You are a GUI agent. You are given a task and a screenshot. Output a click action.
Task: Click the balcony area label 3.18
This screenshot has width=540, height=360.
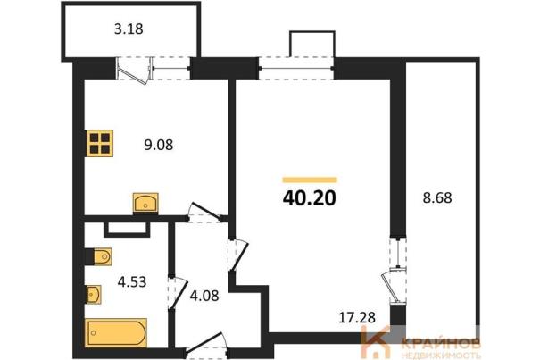(129, 29)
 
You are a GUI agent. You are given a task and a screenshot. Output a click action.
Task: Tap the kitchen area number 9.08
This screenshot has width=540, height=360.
(158, 145)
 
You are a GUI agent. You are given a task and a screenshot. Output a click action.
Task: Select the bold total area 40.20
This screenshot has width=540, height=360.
(309, 198)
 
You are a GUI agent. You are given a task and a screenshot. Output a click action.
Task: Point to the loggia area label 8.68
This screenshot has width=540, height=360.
(437, 198)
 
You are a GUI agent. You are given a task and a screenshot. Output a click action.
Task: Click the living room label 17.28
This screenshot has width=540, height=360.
(357, 318)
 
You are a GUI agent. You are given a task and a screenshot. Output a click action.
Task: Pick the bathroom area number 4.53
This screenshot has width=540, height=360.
(132, 282)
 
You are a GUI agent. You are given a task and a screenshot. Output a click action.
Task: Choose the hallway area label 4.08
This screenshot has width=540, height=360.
(204, 296)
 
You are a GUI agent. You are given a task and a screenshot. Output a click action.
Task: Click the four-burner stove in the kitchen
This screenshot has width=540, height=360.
(100, 143)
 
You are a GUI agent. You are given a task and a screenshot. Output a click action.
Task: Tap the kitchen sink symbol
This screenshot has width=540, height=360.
(145, 203)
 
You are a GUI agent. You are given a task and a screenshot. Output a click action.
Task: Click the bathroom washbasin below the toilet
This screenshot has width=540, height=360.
(93, 295)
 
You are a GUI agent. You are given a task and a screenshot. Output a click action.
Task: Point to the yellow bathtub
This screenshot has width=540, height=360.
(116, 333)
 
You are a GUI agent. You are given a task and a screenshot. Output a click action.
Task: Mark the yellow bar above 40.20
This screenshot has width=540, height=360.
(310, 180)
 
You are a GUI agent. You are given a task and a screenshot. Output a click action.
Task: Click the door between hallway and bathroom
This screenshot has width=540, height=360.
(178, 292)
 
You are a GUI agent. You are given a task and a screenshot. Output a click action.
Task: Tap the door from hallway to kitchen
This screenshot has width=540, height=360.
(206, 213)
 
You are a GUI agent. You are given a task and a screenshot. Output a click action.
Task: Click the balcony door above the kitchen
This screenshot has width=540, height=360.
(134, 71)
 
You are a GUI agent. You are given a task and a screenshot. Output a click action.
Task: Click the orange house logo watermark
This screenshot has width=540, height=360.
(375, 342)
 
